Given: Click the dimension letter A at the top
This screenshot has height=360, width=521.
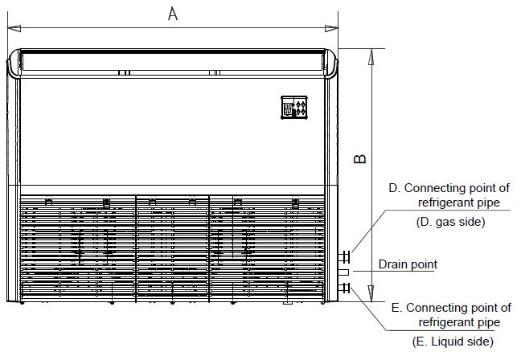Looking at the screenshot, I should pyautogui.click(x=173, y=13).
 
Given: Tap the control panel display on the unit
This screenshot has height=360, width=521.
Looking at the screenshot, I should pyautogui.click(x=295, y=108).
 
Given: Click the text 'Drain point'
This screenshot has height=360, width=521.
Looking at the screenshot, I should pyautogui.click(x=408, y=264).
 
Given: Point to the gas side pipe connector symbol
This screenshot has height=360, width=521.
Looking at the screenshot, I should pyautogui.click(x=345, y=257).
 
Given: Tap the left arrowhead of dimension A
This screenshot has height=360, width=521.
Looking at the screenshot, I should pyautogui.click(x=12, y=28).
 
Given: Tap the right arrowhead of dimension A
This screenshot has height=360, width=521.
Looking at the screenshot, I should pyautogui.click(x=331, y=28).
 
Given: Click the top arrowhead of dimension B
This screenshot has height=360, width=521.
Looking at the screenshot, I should pyautogui.click(x=371, y=54).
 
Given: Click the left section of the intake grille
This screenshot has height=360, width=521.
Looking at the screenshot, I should pyautogui.click(x=76, y=249).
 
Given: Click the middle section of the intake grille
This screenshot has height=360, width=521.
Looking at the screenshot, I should pyautogui.click(x=172, y=249).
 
